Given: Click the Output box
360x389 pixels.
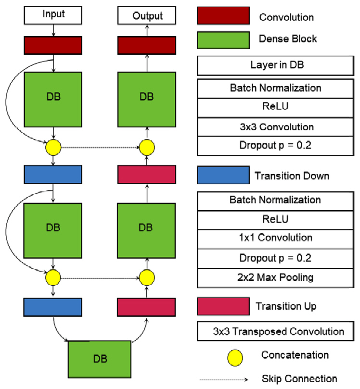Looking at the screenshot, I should pos(147,15).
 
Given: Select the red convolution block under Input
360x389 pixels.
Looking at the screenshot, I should pos(53,46).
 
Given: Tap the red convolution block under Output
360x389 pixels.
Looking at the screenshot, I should pos(147,46).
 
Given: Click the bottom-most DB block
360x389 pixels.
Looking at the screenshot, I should pos(100,359).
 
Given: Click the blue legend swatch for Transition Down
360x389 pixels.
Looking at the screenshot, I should pos(223,175).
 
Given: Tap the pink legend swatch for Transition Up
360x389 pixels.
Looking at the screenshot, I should pos(223,306).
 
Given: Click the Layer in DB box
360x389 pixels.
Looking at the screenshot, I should pos(279,65).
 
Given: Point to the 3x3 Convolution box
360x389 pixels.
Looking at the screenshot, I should pos(279,127).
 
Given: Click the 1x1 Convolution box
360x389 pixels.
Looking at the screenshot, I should pos(279,238).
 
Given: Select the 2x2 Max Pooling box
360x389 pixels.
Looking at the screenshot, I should pos(279,277).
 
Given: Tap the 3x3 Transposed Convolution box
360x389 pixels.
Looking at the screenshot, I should pos(279,331).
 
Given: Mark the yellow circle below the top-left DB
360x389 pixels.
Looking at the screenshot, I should pos(53,148).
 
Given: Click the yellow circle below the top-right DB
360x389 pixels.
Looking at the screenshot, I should pos(147,148).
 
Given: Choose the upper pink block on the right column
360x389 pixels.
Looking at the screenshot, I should pos(147,175).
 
